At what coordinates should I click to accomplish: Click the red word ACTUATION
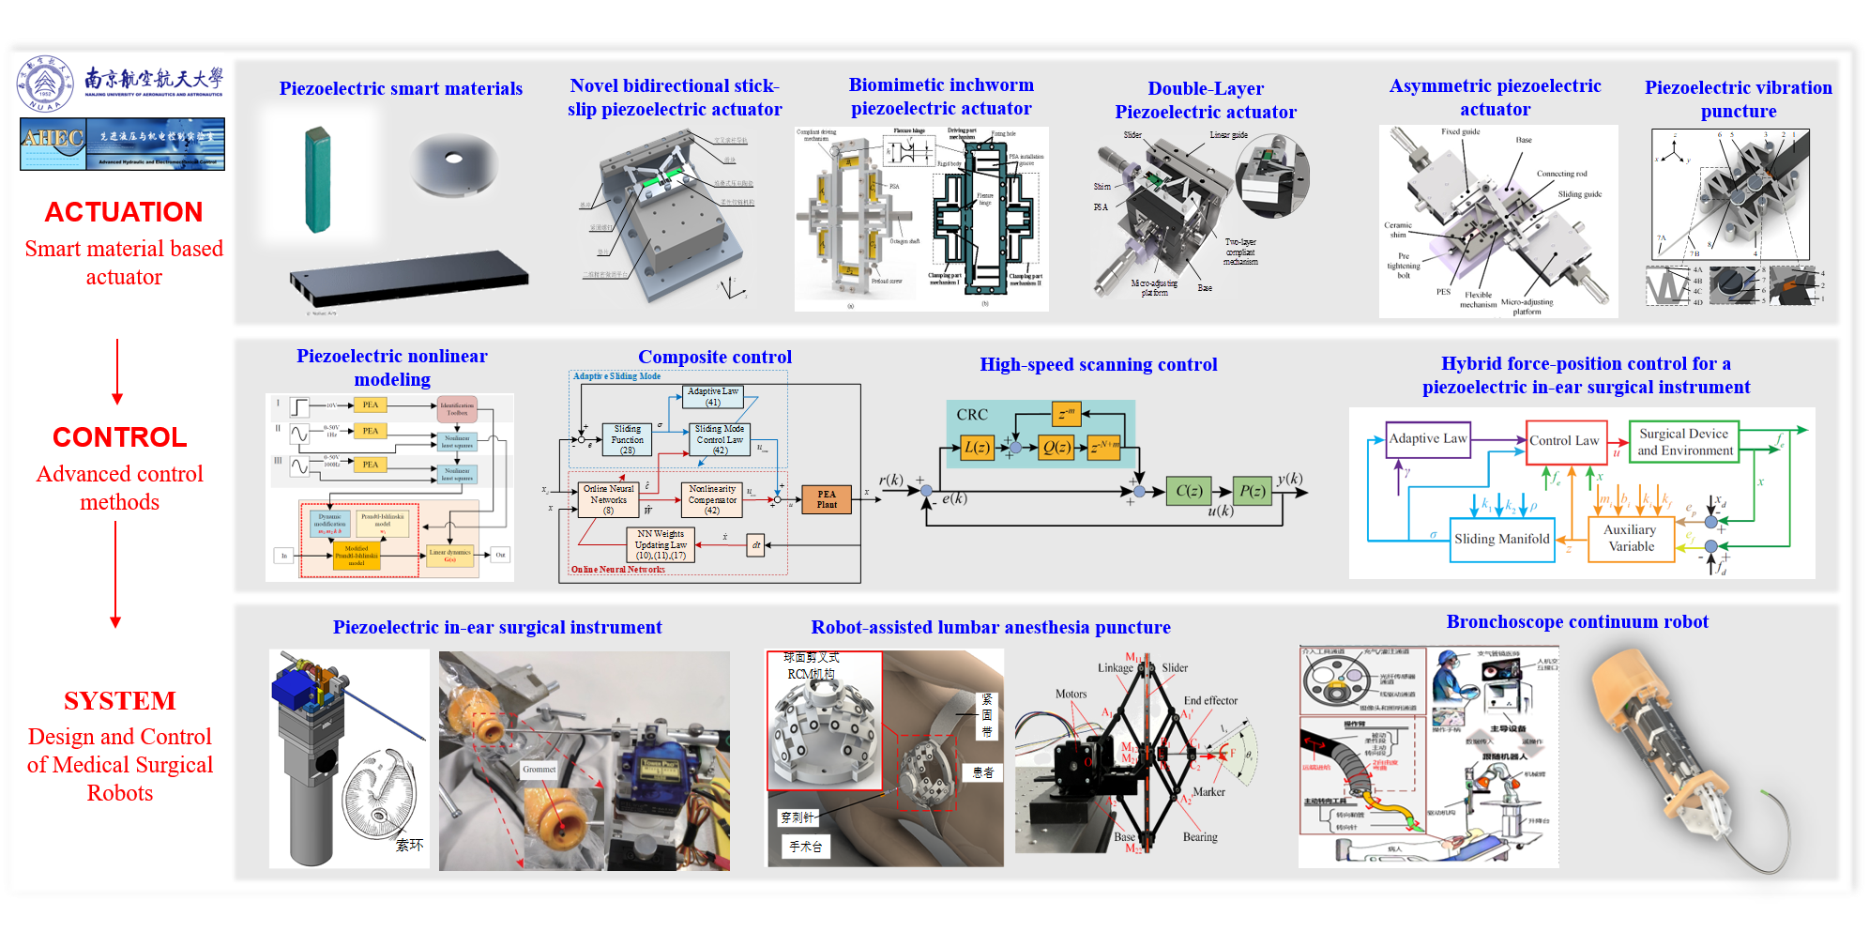[124, 212]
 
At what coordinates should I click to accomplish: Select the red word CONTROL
[120, 437]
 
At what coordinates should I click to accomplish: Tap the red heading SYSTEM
[120, 701]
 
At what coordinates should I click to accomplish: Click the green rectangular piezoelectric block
[318, 180]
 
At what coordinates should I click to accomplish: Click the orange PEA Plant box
[827, 499]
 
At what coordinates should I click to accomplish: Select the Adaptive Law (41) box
[713, 397]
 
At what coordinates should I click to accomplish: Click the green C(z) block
[1189, 491]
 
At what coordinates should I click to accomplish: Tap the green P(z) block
[1253, 491]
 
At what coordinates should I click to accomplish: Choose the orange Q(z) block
[1057, 448]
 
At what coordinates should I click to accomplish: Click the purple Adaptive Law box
[1428, 439]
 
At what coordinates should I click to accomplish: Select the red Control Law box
[1564, 441]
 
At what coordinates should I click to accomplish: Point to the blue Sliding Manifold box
[1501, 540]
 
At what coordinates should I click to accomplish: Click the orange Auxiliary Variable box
[1631, 539]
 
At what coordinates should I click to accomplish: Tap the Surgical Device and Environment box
[1685, 442]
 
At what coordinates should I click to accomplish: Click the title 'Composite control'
[715, 357]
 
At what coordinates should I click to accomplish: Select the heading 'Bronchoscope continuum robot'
[1577, 621]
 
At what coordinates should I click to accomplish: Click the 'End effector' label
[1210, 700]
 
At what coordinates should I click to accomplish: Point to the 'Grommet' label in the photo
[539, 769]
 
